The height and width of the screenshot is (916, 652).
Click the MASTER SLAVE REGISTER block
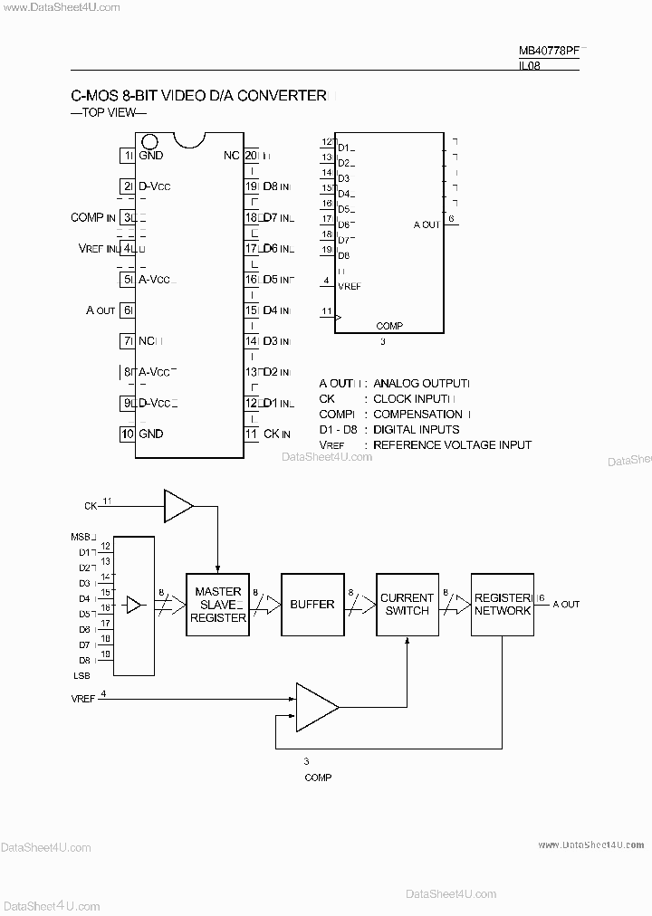click(x=217, y=605)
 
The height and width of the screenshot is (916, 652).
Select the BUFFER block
click(x=312, y=605)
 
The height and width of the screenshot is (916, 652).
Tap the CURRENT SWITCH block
click(x=407, y=605)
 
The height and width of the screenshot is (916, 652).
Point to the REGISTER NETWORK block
click(x=503, y=605)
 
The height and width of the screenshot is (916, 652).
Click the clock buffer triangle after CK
click(x=177, y=505)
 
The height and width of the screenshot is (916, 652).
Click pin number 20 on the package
click(x=251, y=155)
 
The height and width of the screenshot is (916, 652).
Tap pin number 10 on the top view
click(x=128, y=434)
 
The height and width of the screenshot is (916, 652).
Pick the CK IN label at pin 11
click(x=276, y=434)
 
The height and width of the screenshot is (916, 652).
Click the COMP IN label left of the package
click(x=92, y=217)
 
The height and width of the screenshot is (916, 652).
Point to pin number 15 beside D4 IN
click(x=251, y=310)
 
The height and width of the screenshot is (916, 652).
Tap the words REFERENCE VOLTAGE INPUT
click(x=452, y=445)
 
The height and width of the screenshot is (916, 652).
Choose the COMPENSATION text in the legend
click(x=417, y=415)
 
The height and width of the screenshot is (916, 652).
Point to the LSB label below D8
click(x=81, y=675)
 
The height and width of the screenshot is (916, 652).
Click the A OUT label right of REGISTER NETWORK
click(x=566, y=604)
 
